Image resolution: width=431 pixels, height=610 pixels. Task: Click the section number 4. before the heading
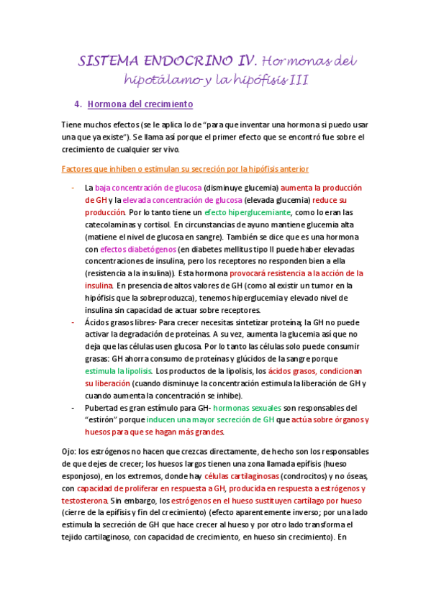coord(78,104)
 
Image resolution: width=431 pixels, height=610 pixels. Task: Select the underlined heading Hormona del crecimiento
coord(140,104)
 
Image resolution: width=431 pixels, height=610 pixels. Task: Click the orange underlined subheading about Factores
coord(186,169)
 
